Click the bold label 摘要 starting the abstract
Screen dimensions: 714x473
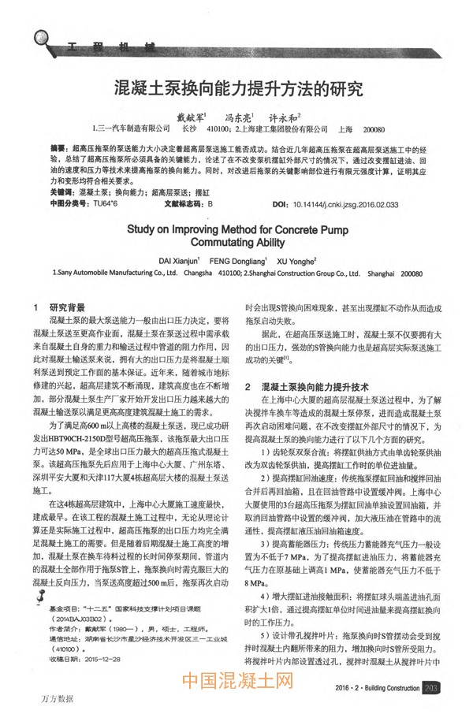(58, 147)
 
